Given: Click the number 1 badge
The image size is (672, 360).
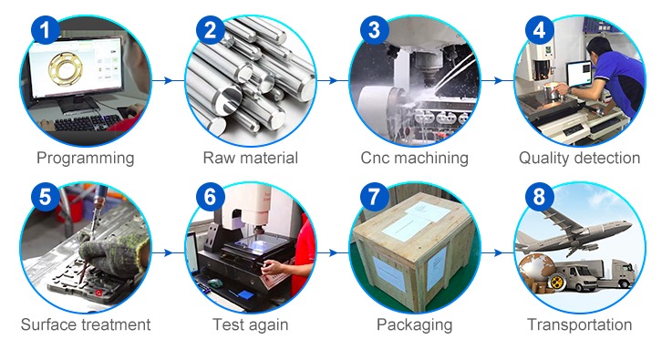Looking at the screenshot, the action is tap(45, 29).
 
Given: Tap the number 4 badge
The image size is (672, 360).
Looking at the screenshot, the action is tap(539, 29).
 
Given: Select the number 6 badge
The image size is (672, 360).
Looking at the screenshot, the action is tap(210, 197).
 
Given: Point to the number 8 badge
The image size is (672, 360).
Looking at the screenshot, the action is tap(539, 197).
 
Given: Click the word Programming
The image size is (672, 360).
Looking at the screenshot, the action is tap(86, 159).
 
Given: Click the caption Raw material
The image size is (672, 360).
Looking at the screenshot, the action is tap(250, 158).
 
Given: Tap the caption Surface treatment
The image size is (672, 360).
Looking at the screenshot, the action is tap(86, 324).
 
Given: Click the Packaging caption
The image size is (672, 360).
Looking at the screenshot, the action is tap(415, 324).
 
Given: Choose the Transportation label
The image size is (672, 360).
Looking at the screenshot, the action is tap(579, 324).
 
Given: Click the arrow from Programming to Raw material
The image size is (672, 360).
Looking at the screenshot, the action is tap(162, 80).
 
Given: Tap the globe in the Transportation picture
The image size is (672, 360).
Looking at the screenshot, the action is tap(534, 269).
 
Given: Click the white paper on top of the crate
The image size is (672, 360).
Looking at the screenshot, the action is tap(428, 212).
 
